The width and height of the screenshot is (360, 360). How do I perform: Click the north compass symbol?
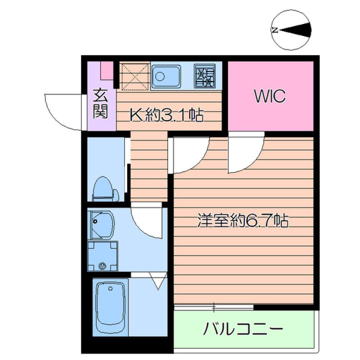click(x=291, y=30)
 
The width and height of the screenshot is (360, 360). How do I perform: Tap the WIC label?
click(x=270, y=96)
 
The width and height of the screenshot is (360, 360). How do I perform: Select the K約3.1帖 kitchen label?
click(x=166, y=115)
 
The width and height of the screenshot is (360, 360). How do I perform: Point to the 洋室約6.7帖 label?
click(x=243, y=221)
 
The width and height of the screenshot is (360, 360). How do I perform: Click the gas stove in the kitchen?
click(x=205, y=76)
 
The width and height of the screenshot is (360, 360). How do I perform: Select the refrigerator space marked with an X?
click(x=135, y=76)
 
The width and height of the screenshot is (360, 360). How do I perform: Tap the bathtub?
click(x=110, y=306)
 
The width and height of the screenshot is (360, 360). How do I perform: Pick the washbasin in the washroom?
click(x=102, y=224)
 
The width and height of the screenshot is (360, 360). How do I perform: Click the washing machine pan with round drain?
click(x=102, y=256)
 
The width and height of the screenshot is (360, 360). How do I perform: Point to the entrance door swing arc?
click(x=62, y=111)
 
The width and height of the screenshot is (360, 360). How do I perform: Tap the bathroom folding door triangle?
click(x=157, y=280)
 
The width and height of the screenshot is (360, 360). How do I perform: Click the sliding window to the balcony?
click(x=214, y=308)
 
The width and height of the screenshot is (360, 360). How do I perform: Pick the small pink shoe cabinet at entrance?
click(x=106, y=70)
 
